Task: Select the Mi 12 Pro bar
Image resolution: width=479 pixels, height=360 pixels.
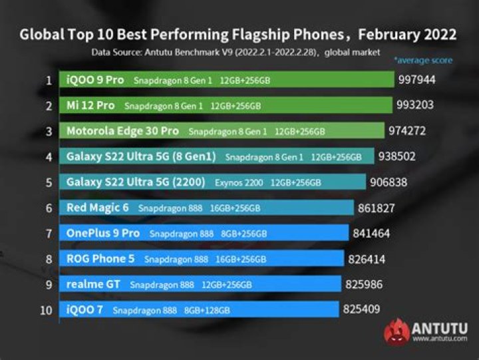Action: pyautogui.click(x=226, y=106)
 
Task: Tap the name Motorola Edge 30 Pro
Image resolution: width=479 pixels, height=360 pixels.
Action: pyautogui.click(x=124, y=131)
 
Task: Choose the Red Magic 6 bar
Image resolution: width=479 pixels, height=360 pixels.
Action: pyautogui.click(x=206, y=208)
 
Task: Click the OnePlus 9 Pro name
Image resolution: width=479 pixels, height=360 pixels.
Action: pyautogui.click(x=103, y=234)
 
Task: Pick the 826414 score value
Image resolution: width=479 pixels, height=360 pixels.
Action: pyautogui.click(x=370, y=259)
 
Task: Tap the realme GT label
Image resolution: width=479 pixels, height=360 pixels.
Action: pyautogui.click(x=94, y=284)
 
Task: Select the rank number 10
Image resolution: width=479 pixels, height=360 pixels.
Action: pyautogui.click(x=47, y=309)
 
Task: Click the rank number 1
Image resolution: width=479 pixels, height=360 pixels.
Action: pyautogui.click(x=49, y=81)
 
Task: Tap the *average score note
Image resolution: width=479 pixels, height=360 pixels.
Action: pyautogui.click(x=422, y=61)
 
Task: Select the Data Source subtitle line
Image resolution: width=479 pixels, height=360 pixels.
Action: pyautogui.click(x=236, y=51)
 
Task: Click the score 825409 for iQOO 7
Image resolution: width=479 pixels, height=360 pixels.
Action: pyautogui.click(x=365, y=309)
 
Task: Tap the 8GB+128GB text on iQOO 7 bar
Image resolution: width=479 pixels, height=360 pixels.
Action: pyautogui.click(x=208, y=310)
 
